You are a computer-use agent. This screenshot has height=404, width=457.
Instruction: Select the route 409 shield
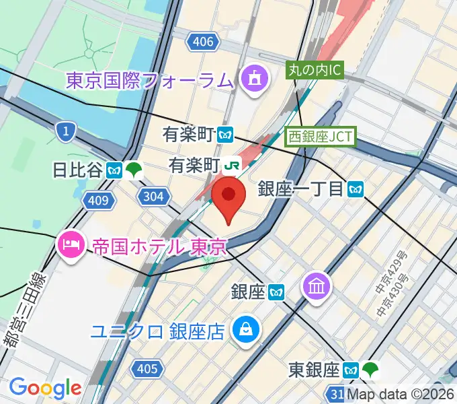pyautogui.click(x=97, y=199)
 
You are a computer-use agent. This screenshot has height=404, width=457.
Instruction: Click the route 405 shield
pyautogui.click(x=147, y=368)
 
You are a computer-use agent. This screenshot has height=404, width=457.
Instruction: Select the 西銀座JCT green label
pyautogui.click(x=319, y=135)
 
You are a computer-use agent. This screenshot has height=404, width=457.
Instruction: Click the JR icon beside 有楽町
pyautogui.click(x=233, y=164)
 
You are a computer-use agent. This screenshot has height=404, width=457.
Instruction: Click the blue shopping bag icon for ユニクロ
pyautogui.click(x=243, y=329)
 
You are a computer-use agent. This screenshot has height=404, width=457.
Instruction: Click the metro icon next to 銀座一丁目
pyautogui.click(x=356, y=189)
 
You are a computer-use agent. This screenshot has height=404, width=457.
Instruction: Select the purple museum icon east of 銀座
pyautogui.click(x=315, y=287)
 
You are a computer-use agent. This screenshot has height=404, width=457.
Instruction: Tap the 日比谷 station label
pyautogui.click(x=77, y=170)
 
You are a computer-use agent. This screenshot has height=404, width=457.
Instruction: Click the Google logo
pyautogui.click(x=45, y=388)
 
